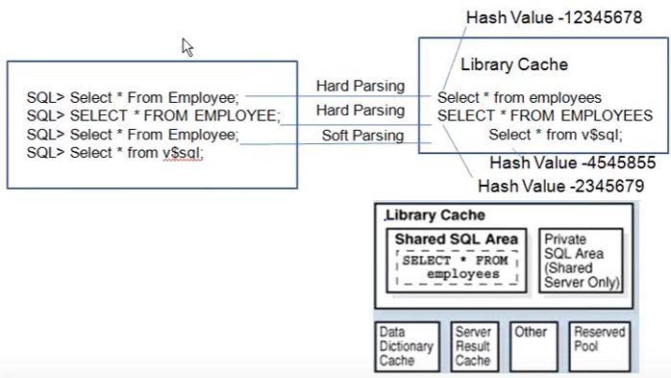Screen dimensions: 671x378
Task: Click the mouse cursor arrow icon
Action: tap(187, 47)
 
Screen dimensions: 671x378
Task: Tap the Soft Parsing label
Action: tap(362, 136)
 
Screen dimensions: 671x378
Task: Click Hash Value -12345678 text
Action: tap(554, 17)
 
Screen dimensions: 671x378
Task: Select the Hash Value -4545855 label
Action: tap(573, 163)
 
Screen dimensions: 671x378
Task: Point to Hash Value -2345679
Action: tap(561, 187)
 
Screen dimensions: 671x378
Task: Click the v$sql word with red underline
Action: tap(183, 153)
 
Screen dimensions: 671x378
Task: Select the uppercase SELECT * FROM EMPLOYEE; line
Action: tap(153, 115)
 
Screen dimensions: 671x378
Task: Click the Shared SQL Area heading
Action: tap(457, 239)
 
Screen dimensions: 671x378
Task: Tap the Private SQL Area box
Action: tap(582, 261)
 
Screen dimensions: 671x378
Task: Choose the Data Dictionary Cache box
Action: tap(407, 346)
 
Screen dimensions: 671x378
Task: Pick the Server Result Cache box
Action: tap(475, 346)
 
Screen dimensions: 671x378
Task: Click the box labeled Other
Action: tap(534, 346)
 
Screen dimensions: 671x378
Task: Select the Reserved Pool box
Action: tap(600, 346)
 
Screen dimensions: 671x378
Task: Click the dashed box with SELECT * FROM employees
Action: tap(457, 267)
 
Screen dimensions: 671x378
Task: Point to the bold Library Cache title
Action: tap(435, 214)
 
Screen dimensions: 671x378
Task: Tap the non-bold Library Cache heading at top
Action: tap(514, 64)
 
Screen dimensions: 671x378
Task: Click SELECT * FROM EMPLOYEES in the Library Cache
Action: tap(545, 115)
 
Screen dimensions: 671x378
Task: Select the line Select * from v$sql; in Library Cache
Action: tap(556, 135)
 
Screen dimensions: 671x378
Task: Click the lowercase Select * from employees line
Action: tap(519, 97)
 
